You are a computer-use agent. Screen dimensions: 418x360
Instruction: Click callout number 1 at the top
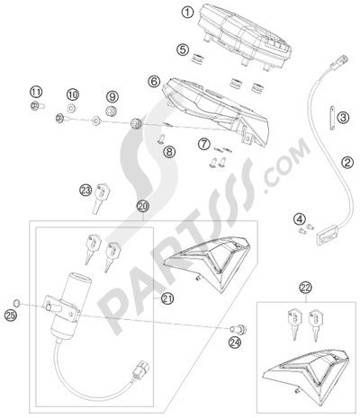pos(187,12)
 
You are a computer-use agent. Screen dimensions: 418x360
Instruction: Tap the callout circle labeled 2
pos(346,162)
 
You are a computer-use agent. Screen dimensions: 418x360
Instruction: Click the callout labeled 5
pos(183,50)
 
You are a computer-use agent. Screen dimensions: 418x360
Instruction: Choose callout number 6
pos(154,81)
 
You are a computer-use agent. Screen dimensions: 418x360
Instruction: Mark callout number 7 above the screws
pos(204,144)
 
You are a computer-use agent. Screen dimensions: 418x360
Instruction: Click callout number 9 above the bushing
pos(112,96)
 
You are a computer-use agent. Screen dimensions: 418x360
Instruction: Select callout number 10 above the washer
pos(74,94)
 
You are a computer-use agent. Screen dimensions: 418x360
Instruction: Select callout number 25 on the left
pos(12,315)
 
